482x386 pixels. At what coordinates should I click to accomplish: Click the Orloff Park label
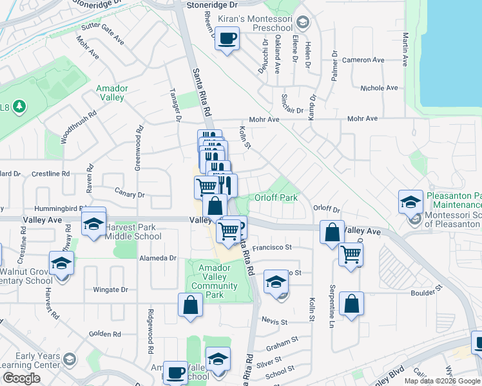pos(276,198)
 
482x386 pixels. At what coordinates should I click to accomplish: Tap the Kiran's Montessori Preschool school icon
pos(301,23)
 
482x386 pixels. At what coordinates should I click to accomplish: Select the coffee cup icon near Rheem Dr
pos(226,40)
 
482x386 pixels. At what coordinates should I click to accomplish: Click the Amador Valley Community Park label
pos(218,281)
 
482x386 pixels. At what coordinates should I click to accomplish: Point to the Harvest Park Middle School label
pos(133,232)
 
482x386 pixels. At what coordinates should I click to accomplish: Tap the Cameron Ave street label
pos(363,60)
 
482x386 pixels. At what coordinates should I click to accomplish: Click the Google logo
pos(21,378)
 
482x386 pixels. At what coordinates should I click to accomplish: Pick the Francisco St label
pos(272,247)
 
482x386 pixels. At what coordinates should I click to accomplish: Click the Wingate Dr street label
pos(111,289)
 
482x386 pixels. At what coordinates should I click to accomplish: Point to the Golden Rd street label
pos(105,334)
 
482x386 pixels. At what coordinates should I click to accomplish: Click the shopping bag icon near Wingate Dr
pos(191,306)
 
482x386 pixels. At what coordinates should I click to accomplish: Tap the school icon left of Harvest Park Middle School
pos(93,224)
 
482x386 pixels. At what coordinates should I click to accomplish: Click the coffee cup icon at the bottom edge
pos(175,372)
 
